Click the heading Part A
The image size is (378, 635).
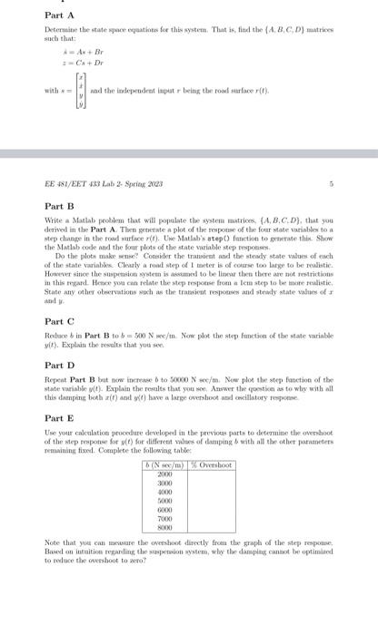57,15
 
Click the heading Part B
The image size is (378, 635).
57,207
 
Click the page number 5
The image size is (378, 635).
333,183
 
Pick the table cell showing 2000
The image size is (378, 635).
164,474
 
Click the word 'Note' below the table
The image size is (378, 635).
53,542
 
